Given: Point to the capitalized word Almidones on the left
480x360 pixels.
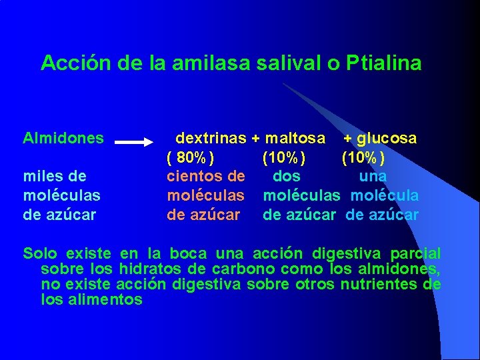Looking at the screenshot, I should click(x=63, y=139).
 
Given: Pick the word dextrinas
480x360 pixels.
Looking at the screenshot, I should click(x=211, y=139).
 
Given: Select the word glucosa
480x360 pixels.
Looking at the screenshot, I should click(x=387, y=139).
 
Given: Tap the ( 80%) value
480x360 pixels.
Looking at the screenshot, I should click(x=191, y=158).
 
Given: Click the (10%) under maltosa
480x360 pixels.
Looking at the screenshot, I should click(x=284, y=158).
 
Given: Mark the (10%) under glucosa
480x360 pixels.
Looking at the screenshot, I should click(x=363, y=158).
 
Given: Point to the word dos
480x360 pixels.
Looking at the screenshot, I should click(x=287, y=177).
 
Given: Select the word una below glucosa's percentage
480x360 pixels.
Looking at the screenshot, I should click(x=373, y=177).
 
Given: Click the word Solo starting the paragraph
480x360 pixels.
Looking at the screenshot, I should click(x=40, y=254).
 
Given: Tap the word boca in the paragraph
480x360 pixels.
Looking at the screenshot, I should click(x=189, y=254).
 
